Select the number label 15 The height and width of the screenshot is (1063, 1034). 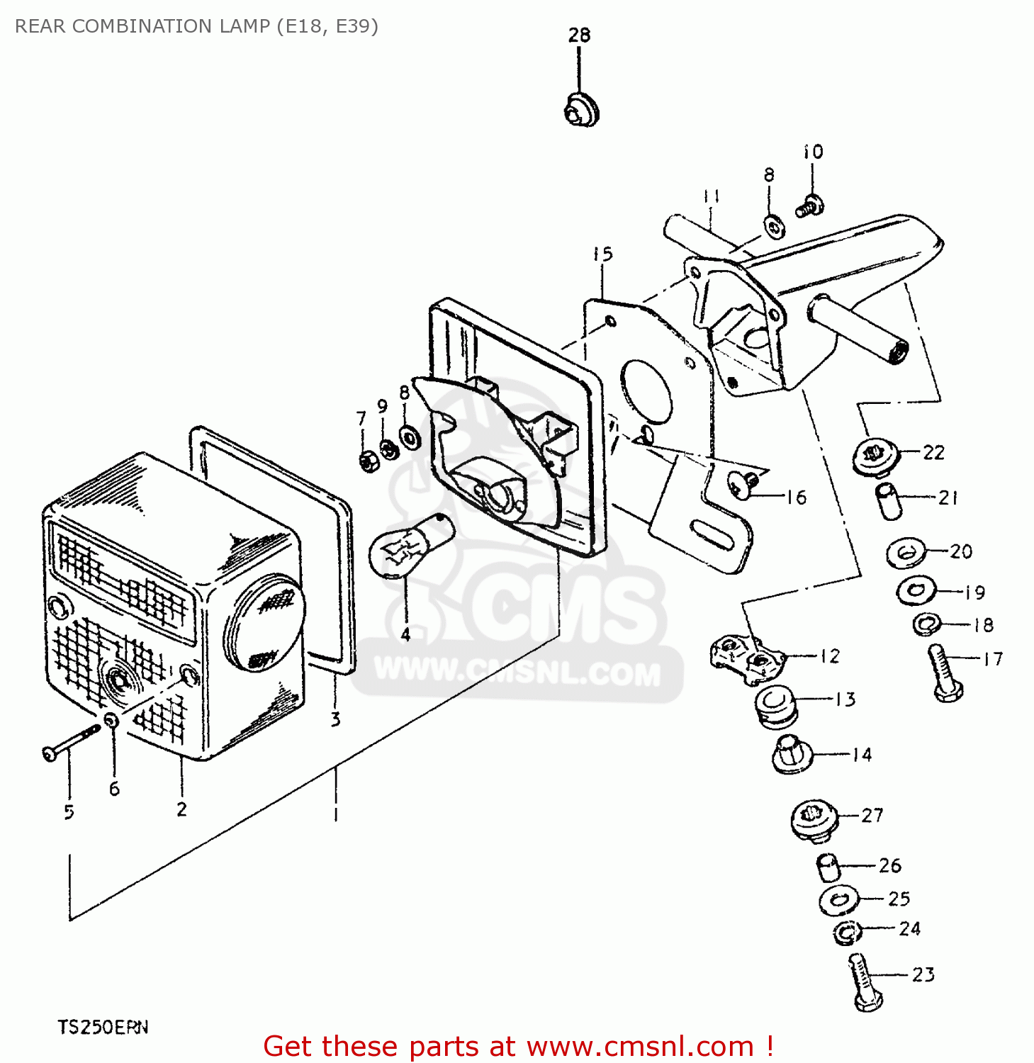[602, 254]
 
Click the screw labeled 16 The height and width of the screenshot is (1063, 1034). [743, 485]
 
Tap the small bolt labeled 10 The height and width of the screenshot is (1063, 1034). [809, 207]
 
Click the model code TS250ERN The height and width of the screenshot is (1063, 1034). [103, 1027]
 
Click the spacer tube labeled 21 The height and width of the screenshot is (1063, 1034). [889, 501]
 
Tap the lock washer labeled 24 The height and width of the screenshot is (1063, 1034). [846, 933]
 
